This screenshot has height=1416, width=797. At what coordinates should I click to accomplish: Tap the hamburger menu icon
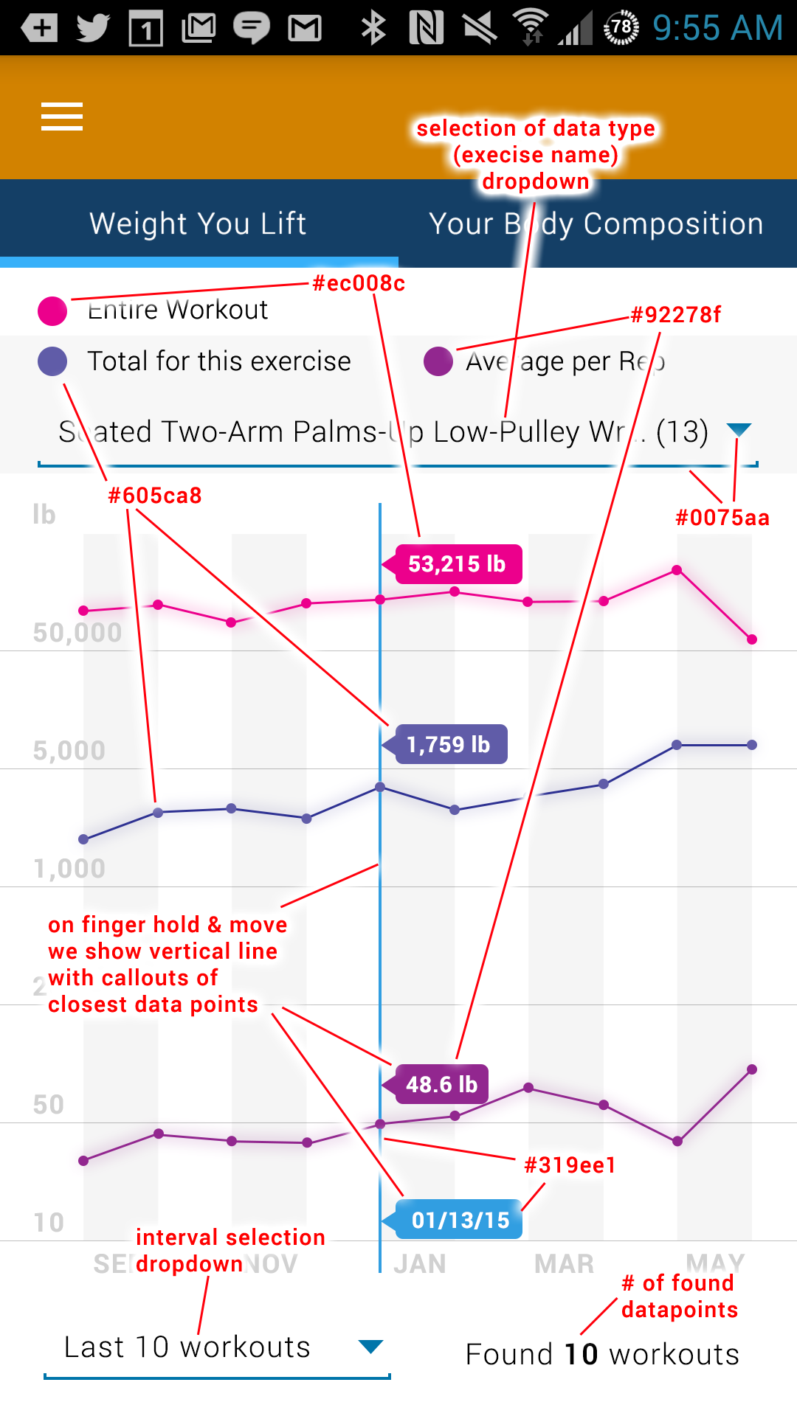click(62, 117)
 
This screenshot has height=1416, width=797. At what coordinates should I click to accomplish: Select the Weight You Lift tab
click(198, 223)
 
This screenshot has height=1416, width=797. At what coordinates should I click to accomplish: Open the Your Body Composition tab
click(596, 223)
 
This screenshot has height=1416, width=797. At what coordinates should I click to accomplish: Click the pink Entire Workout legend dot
click(52, 310)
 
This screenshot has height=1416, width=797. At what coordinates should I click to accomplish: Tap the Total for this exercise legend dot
click(52, 361)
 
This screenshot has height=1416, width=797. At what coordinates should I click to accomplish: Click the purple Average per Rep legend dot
click(438, 361)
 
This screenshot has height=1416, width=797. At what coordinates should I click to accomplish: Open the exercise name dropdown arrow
click(739, 429)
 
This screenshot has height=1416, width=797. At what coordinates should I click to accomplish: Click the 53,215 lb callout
click(458, 564)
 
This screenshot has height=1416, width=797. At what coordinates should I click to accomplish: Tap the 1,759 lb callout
click(448, 744)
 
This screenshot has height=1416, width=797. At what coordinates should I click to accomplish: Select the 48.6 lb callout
click(441, 1084)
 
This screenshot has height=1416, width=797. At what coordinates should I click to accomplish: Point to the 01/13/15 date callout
click(460, 1220)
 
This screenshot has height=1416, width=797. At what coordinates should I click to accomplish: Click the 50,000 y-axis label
click(77, 633)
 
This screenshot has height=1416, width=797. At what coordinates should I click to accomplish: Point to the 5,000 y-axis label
click(69, 751)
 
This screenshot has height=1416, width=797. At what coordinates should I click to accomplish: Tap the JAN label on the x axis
click(420, 1264)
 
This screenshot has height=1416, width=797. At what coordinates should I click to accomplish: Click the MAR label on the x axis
click(565, 1264)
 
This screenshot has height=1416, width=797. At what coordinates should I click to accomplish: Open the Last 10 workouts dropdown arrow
click(370, 1347)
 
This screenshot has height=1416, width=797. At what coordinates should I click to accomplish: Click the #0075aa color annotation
click(722, 518)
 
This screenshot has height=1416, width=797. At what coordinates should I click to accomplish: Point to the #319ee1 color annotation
click(570, 1165)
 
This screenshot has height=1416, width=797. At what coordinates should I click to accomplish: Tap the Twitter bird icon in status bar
click(93, 29)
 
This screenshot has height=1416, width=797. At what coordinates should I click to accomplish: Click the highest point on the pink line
click(677, 570)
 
